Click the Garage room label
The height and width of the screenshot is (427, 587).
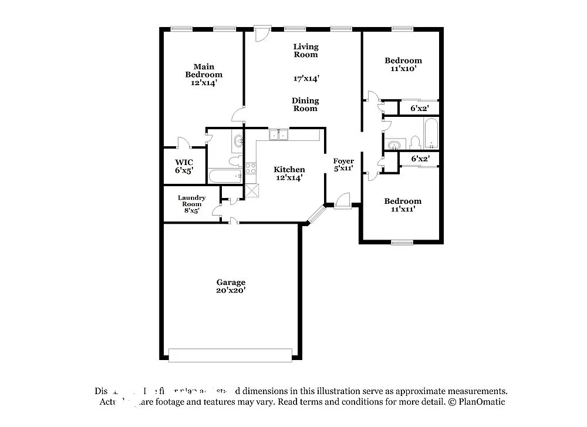(231, 282)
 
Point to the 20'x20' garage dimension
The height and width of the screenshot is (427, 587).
(231, 290)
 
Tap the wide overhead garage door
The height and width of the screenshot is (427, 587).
(230, 355)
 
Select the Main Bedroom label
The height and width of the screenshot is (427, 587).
(204, 70)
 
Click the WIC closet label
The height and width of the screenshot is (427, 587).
(184, 162)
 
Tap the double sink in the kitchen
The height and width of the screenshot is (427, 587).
(279, 135)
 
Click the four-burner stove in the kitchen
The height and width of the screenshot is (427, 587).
(251, 169)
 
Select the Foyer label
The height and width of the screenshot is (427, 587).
(343, 161)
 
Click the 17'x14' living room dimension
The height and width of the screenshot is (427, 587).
(306, 78)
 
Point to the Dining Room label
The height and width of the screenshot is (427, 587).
(305, 105)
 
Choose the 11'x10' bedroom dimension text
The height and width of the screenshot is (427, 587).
(403, 69)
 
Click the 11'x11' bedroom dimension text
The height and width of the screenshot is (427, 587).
(403, 209)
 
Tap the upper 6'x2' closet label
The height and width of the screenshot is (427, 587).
(419, 109)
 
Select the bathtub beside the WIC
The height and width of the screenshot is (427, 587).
(225, 176)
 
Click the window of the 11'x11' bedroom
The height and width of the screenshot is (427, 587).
(402, 241)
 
